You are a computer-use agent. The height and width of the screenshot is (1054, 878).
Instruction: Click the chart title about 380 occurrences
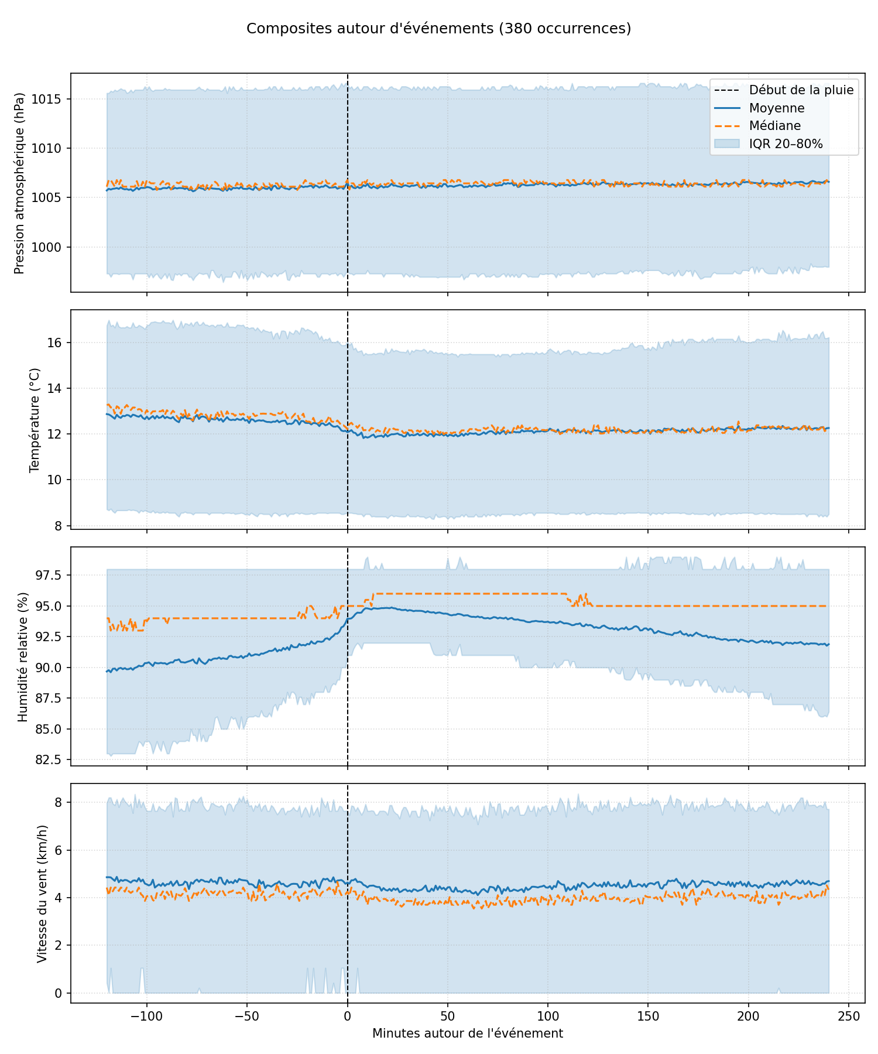click(x=438, y=29)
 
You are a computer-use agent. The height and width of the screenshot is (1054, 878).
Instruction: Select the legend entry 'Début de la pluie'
click(x=801, y=90)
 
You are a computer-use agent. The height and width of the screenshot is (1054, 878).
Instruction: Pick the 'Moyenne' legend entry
click(x=776, y=108)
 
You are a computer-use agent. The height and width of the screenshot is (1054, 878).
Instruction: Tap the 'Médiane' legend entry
click(x=774, y=126)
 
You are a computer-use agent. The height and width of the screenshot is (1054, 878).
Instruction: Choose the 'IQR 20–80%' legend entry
click(x=786, y=144)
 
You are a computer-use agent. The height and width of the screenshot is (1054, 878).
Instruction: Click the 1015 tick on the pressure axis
click(x=52, y=99)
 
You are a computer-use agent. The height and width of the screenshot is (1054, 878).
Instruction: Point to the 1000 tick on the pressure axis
click(x=52, y=247)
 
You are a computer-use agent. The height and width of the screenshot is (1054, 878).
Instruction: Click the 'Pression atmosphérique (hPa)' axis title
click(x=20, y=183)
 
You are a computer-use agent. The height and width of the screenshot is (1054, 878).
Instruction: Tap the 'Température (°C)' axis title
click(x=34, y=419)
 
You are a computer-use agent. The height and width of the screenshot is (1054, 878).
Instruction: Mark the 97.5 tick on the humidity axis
click(x=52, y=575)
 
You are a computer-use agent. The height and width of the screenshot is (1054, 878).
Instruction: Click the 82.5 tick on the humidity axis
click(x=52, y=760)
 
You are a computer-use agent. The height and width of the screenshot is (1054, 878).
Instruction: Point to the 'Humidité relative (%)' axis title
click(x=23, y=656)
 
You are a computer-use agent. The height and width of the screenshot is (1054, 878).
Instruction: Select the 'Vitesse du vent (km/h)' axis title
click(x=42, y=894)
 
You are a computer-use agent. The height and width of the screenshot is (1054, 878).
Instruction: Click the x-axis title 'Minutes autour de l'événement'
click(x=468, y=1034)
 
